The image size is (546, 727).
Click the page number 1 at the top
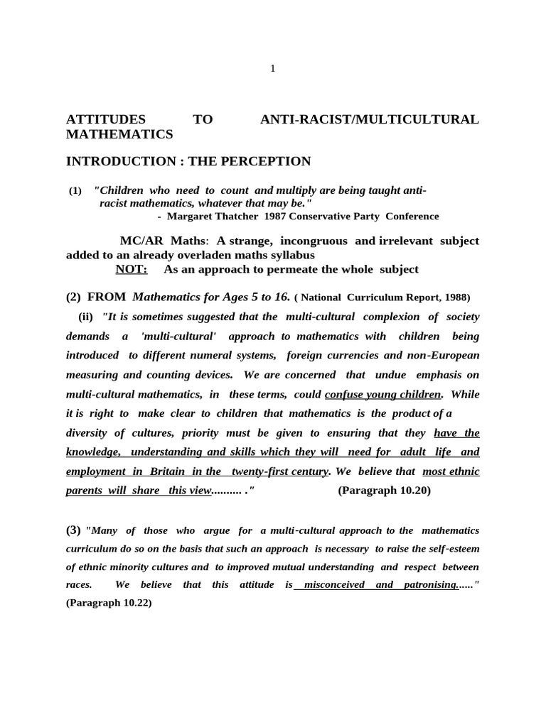tap(272, 68)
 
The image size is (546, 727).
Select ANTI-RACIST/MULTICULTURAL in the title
tap(369, 119)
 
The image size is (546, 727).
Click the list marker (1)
tap(75, 192)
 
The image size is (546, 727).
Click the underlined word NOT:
tap(132, 269)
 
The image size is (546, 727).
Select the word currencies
tap(355, 355)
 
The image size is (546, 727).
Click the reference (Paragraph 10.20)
tap(384, 491)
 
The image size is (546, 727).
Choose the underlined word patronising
tap(430, 585)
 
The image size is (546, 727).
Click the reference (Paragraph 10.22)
tap(109, 603)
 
